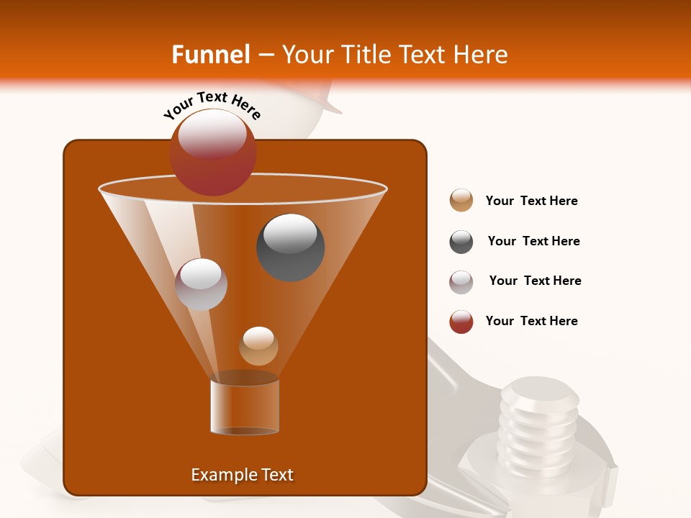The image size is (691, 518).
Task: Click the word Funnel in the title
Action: pos(210,55)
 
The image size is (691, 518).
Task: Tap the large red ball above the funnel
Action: pos(212,152)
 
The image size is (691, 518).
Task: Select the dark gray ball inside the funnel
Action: pos(290,247)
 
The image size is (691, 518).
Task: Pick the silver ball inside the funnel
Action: pos(201,284)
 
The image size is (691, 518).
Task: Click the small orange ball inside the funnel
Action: pos(258,346)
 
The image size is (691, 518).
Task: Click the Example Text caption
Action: pos(242,475)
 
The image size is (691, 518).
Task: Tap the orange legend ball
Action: pos(461,201)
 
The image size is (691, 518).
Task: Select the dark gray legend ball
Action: pos(461,242)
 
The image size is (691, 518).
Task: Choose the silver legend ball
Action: pos(461,282)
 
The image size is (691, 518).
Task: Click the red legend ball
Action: pos(461,322)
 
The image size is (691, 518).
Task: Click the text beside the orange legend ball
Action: pos(531,201)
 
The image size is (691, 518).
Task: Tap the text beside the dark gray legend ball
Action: pos(533,241)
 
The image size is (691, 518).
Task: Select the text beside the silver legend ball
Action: pos(535,281)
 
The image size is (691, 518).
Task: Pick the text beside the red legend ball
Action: pos(531,321)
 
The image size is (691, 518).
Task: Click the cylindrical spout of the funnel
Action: pos(245,406)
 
